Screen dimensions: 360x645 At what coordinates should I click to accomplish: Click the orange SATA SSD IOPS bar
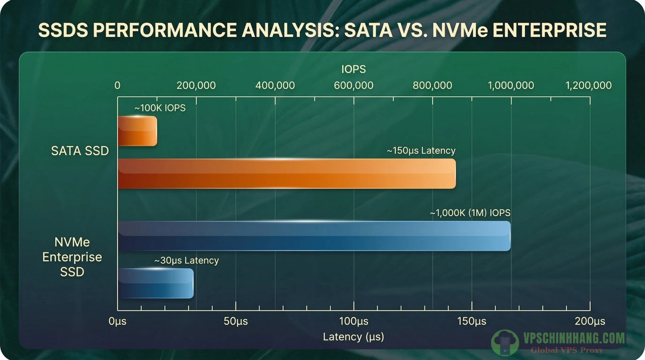point(137,131)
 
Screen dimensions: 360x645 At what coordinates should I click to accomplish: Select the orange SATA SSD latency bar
point(287,174)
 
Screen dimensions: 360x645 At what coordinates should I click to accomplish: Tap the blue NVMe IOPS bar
point(314,236)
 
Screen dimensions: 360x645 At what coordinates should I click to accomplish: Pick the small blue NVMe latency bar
point(156,283)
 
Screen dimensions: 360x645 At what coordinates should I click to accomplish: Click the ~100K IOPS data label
point(160,108)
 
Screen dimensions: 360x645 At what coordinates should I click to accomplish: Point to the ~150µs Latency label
point(421,151)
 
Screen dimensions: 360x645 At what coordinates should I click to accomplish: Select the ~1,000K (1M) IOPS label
point(470,213)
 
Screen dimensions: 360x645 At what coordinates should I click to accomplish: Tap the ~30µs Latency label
point(186,260)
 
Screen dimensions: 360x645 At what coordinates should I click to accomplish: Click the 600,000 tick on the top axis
point(353,85)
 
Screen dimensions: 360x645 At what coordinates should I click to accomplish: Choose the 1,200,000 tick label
point(588,85)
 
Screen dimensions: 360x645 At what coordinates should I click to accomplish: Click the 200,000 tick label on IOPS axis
point(196,85)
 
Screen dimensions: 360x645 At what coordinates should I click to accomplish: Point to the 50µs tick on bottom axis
point(236,321)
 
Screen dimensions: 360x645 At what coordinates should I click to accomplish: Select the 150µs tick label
point(471,321)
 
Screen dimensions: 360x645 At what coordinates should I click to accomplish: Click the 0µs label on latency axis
point(117,321)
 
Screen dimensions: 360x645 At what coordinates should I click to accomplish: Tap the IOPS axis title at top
point(353,69)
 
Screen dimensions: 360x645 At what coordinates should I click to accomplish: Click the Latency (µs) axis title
point(353,337)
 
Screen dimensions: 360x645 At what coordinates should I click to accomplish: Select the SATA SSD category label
point(80,151)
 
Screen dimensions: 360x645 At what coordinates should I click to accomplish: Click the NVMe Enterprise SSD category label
point(72,257)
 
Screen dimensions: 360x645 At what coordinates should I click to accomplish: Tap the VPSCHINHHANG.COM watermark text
point(574,339)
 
